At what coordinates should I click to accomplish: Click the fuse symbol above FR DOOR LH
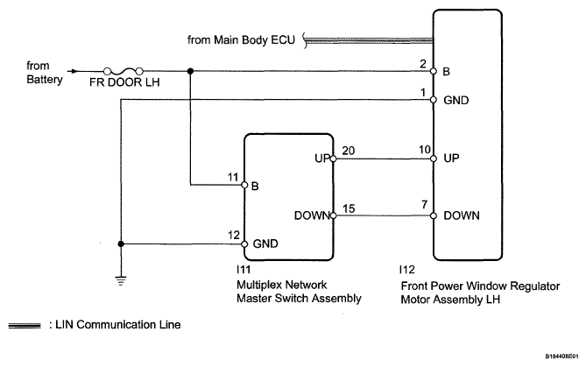click(x=123, y=71)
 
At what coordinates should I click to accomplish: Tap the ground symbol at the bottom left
click(x=121, y=280)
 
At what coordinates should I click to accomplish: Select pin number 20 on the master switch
click(x=349, y=151)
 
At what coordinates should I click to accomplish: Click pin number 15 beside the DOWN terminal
click(x=349, y=208)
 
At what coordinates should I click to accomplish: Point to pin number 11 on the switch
click(x=233, y=177)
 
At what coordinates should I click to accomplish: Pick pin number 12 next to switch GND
click(x=234, y=235)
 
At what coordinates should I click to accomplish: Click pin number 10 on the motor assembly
click(x=425, y=150)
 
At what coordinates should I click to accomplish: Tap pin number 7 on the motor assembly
click(x=425, y=205)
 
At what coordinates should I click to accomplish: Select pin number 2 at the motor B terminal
click(x=423, y=64)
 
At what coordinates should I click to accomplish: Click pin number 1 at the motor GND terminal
click(x=423, y=92)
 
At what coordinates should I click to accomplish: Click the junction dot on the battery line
click(x=190, y=71)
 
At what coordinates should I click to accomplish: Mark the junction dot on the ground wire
click(x=121, y=244)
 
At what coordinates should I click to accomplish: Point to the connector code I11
click(x=244, y=269)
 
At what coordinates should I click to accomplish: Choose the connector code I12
click(x=407, y=270)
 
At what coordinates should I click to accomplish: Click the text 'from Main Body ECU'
click(x=241, y=40)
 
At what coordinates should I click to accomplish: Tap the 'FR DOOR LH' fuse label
click(x=124, y=82)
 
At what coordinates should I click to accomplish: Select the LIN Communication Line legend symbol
click(x=25, y=326)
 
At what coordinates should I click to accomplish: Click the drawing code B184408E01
click(x=561, y=356)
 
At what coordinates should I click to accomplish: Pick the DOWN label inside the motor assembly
click(x=462, y=215)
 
